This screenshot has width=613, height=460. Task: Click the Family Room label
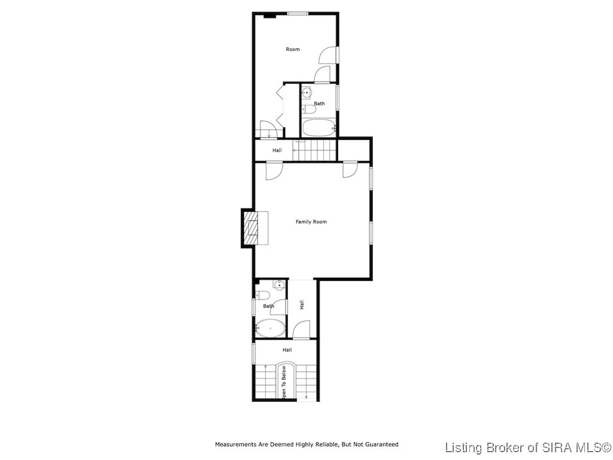click(311, 222)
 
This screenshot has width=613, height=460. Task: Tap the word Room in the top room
click(293, 49)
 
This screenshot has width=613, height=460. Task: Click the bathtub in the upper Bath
click(318, 128)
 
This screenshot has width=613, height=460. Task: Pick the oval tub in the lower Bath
click(270, 328)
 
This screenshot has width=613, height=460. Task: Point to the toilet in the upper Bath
click(309, 109)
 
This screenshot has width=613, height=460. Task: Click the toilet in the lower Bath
click(262, 295)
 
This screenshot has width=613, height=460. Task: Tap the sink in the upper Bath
click(306, 92)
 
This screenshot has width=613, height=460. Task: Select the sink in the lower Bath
click(279, 285)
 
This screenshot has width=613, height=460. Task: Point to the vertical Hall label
click(302, 305)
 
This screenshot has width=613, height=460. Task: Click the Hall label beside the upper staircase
click(277, 150)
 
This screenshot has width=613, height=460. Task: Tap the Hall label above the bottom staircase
click(287, 350)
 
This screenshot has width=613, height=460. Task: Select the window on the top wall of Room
click(298, 13)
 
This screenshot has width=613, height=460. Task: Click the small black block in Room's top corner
click(270, 16)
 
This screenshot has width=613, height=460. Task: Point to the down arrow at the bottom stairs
click(306, 397)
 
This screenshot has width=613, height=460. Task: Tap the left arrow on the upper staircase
click(295, 150)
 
